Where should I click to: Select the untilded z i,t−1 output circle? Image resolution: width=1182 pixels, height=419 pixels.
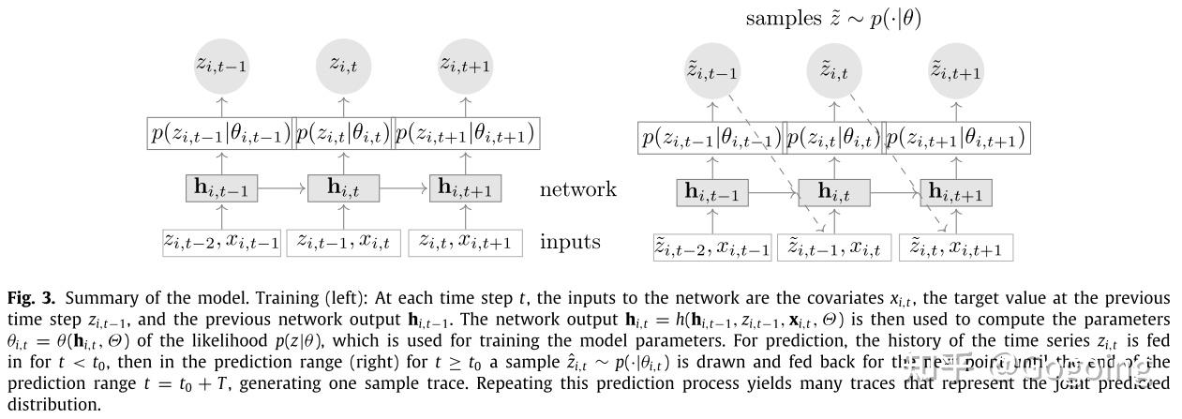tap(221, 65)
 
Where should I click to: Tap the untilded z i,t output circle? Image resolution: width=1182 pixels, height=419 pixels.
tap(343, 65)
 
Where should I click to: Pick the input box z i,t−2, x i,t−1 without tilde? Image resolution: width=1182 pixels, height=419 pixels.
tap(221, 242)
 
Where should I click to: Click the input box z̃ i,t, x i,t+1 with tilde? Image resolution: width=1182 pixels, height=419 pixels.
tap(956, 247)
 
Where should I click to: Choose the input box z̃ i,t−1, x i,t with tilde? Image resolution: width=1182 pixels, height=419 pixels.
tap(834, 247)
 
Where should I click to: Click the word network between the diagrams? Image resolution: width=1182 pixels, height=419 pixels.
tap(577, 189)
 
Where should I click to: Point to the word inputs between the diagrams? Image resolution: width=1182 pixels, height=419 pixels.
tap(571, 242)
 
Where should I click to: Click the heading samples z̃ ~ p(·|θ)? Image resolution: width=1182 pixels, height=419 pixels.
tap(832, 18)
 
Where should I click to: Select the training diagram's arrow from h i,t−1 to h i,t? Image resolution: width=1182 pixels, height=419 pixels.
tap(282, 188)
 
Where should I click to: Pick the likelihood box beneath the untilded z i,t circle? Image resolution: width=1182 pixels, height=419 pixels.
tap(343, 133)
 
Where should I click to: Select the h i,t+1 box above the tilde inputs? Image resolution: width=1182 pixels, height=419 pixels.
tap(956, 193)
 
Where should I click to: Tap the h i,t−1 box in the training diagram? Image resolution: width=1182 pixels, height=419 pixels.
tap(221, 187)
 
